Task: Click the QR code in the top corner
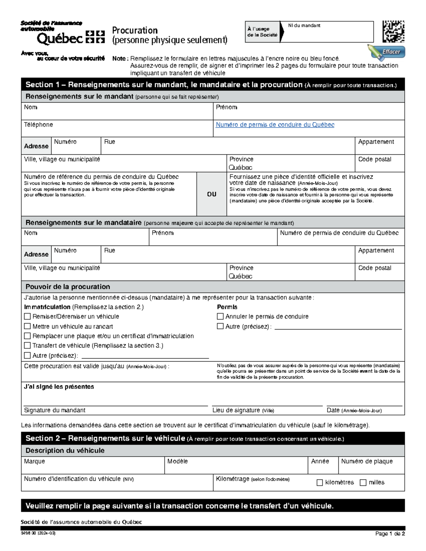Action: coord(393,32)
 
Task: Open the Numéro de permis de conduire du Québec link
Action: coord(275,125)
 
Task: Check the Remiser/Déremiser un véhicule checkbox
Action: coord(27,316)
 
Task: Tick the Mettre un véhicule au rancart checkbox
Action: coord(27,326)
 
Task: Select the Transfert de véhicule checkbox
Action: coord(27,346)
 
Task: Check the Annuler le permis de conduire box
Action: coord(220,316)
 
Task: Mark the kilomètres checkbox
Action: coord(319,483)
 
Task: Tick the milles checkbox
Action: coord(363,483)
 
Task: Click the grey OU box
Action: coord(212,194)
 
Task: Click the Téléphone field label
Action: coord(38,125)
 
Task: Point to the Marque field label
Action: coord(34,461)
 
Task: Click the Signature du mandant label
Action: coord(55,410)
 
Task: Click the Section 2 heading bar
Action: coord(213,439)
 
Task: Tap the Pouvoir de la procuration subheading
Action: coord(67,287)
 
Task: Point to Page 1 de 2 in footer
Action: coord(390,534)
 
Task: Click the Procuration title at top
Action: coord(135,31)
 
